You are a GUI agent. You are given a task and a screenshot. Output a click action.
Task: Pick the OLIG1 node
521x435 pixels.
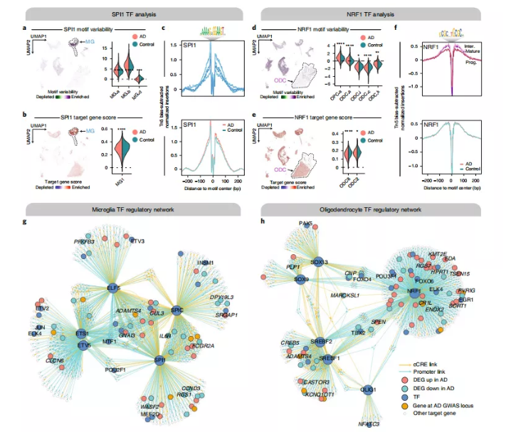tap(369, 390)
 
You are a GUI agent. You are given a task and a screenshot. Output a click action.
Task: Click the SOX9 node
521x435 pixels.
tap(300, 280)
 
